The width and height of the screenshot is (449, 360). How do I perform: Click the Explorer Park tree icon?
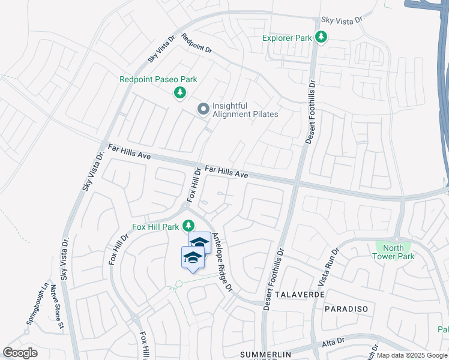[322, 38]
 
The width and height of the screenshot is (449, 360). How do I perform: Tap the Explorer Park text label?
[288, 38]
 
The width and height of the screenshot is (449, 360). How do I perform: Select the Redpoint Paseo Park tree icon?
[179, 92]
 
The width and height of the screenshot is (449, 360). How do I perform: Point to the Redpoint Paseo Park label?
[158, 79]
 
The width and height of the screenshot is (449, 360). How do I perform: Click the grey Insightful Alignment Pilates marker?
[203, 109]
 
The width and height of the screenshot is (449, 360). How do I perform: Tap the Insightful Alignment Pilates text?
[246, 110]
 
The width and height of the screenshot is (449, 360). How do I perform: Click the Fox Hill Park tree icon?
[188, 226]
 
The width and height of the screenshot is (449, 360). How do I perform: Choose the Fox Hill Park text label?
[155, 227]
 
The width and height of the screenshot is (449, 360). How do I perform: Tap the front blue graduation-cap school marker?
[193, 258]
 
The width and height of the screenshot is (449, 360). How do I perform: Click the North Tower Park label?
[393, 252]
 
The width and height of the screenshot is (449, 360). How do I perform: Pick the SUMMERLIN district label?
[265, 354]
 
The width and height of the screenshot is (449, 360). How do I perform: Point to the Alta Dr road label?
[331, 341]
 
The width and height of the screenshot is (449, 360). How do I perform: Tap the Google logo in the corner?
[20, 353]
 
